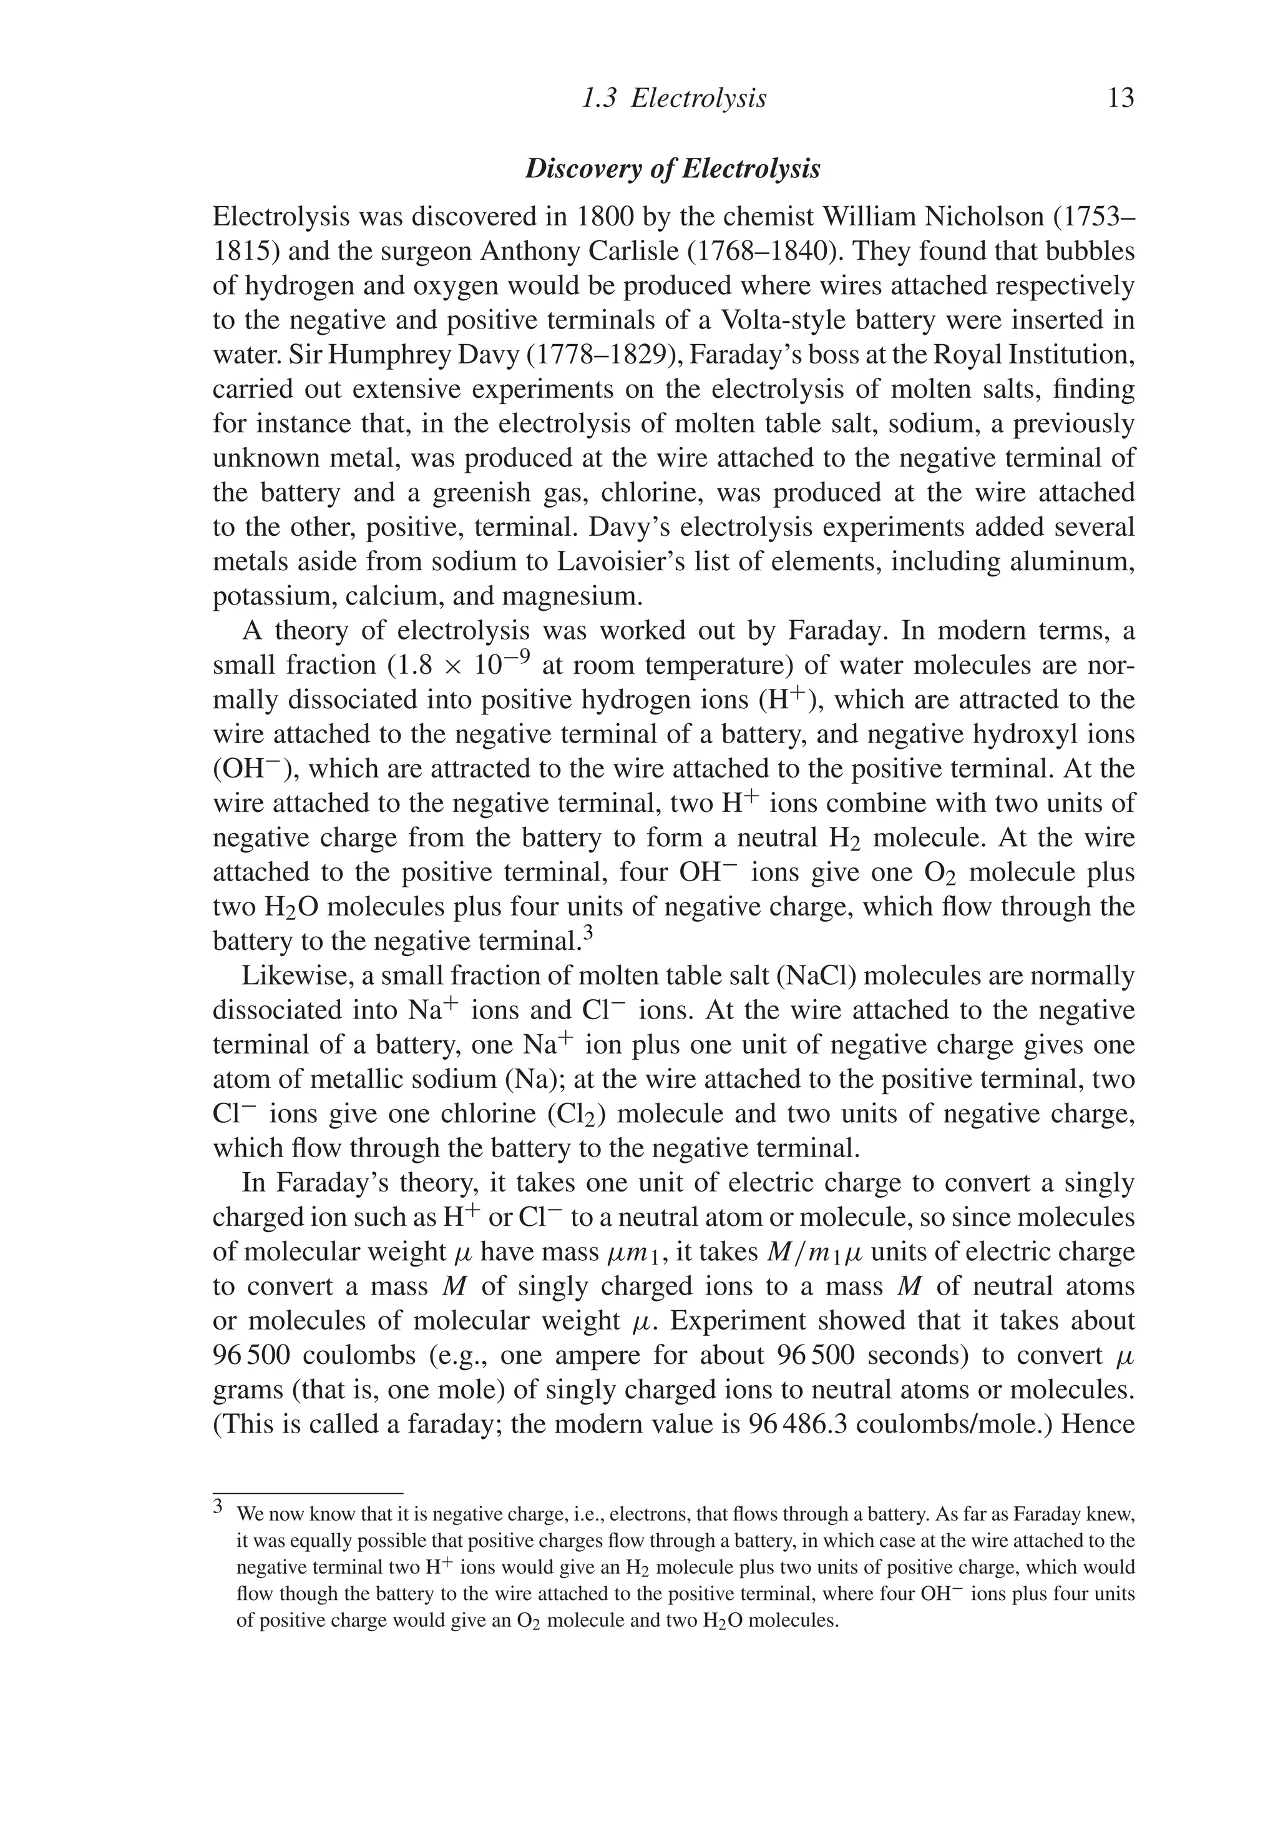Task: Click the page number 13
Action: (x=1121, y=99)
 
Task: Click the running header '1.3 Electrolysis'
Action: (x=674, y=99)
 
